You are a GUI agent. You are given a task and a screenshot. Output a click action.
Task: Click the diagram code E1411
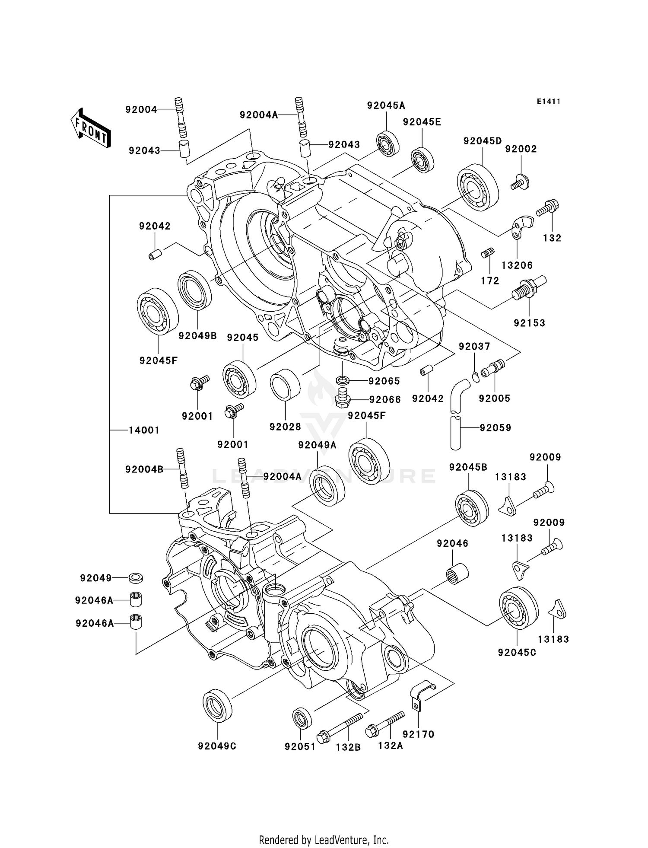tap(548, 102)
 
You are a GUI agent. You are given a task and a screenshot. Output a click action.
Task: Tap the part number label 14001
tap(144, 430)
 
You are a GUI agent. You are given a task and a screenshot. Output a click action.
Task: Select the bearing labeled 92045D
tap(478, 188)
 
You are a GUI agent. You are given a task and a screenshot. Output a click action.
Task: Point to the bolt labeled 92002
tap(521, 182)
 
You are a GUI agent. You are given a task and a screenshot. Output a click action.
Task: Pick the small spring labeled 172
tap(488, 252)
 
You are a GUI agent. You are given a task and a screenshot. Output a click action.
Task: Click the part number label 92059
tap(496, 428)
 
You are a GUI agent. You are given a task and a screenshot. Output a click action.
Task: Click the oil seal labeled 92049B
tap(194, 290)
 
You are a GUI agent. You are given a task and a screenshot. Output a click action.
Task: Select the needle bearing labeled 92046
tap(457, 574)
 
